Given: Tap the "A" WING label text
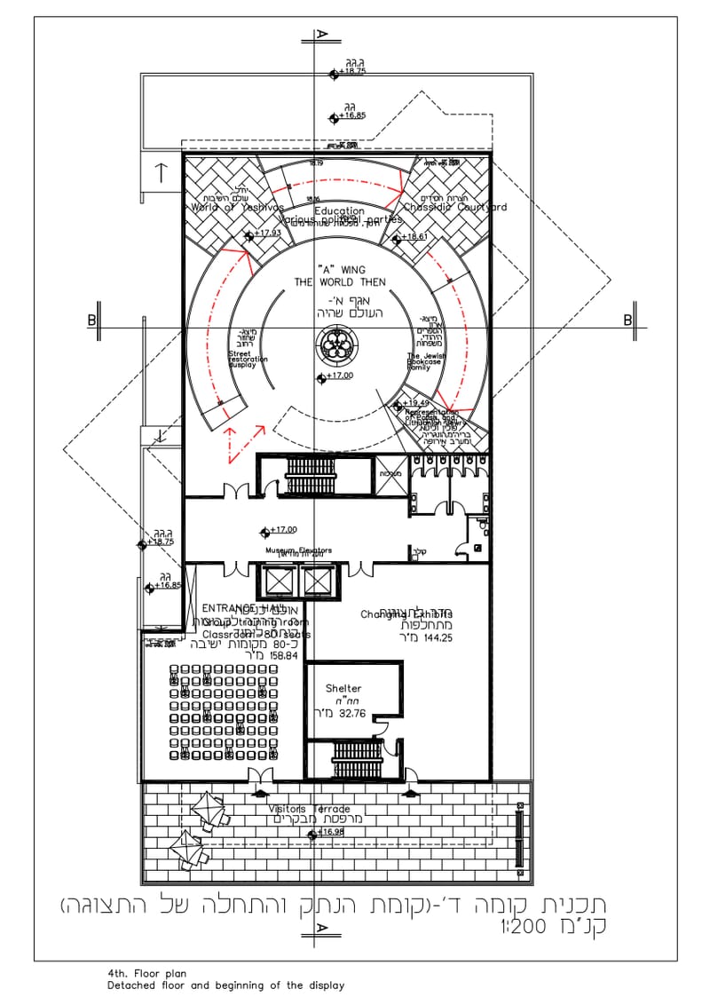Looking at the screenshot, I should [x=341, y=269].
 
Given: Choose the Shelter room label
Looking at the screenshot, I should [x=343, y=688].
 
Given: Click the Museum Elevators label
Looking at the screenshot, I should [x=298, y=550].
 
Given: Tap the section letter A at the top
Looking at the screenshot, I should [x=322, y=35].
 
